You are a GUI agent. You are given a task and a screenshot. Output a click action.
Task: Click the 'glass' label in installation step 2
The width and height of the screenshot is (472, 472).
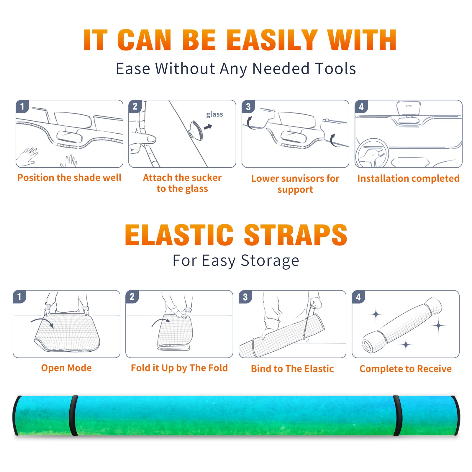click(x=214, y=114)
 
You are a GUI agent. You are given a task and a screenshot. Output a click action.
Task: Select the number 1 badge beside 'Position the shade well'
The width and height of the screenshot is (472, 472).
click(x=22, y=106)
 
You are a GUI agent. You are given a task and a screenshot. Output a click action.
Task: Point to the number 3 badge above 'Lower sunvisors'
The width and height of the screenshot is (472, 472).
click(x=248, y=106)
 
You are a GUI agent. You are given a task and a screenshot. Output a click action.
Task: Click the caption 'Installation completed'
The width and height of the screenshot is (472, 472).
click(x=408, y=178)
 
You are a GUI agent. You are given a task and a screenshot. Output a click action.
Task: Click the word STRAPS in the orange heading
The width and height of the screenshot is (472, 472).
click(x=296, y=235)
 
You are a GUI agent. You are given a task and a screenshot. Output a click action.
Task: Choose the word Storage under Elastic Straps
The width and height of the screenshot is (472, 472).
click(x=270, y=261)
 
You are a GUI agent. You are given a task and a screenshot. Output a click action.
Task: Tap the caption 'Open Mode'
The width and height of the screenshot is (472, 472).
click(x=66, y=368)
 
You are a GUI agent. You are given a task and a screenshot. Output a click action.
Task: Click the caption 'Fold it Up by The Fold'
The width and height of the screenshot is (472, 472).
click(x=179, y=368)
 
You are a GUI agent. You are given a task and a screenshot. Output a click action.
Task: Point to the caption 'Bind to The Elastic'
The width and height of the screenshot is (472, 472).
click(x=292, y=369)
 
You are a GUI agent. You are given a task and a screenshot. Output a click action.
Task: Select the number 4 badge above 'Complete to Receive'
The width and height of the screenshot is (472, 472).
click(x=358, y=297)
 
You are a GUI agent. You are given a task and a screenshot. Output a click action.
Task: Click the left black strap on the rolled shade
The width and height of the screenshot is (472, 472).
click(x=73, y=415)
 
